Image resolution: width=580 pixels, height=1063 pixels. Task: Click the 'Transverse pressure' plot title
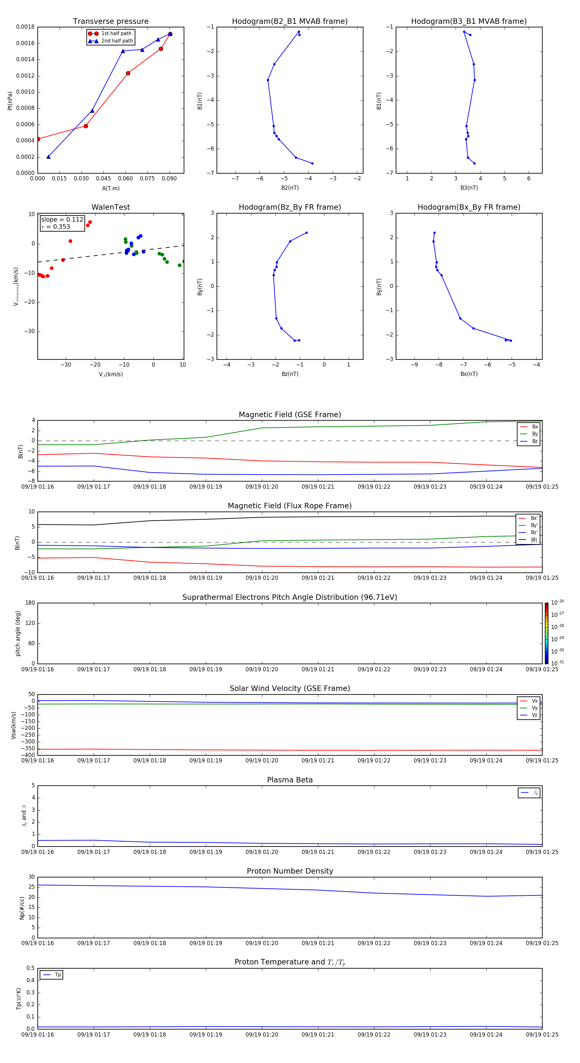click(x=111, y=22)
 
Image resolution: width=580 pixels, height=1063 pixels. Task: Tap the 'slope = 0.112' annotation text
click(x=62, y=220)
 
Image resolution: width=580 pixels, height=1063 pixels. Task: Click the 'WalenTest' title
click(x=111, y=207)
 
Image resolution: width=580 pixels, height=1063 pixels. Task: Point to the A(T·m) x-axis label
click(x=111, y=188)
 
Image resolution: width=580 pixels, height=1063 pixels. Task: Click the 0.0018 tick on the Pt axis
click(x=25, y=27)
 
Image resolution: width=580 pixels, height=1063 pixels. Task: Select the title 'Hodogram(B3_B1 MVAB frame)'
click(x=469, y=22)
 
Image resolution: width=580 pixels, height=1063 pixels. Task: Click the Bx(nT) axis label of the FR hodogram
click(x=469, y=374)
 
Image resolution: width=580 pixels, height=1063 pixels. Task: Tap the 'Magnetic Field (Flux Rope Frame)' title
click(x=289, y=506)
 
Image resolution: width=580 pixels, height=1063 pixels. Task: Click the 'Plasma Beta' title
click(x=289, y=780)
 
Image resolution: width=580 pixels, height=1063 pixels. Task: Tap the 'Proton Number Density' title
click(x=289, y=871)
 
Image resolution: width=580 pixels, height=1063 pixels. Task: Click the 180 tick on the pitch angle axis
click(x=30, y=603)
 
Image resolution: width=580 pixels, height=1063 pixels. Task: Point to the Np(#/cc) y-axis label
click(x=22, y=908)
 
